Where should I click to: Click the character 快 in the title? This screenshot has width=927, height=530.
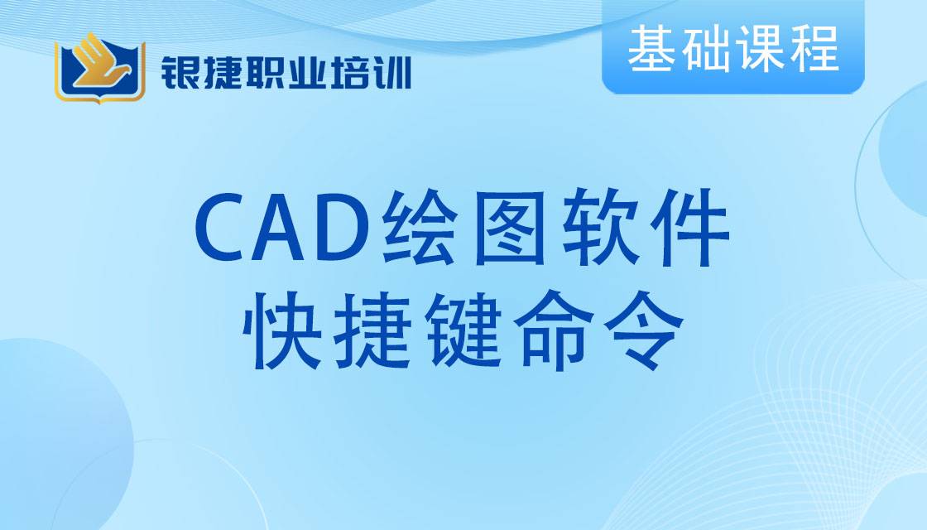pos(282,330)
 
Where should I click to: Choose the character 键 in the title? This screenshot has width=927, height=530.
pos(463,330)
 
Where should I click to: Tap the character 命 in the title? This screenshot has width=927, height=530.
pos(555,330)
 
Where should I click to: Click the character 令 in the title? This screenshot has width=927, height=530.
pos(645,330)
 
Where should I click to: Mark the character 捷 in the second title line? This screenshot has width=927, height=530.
pos(372,330)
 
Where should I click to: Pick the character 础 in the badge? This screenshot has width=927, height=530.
pos(704,49)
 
